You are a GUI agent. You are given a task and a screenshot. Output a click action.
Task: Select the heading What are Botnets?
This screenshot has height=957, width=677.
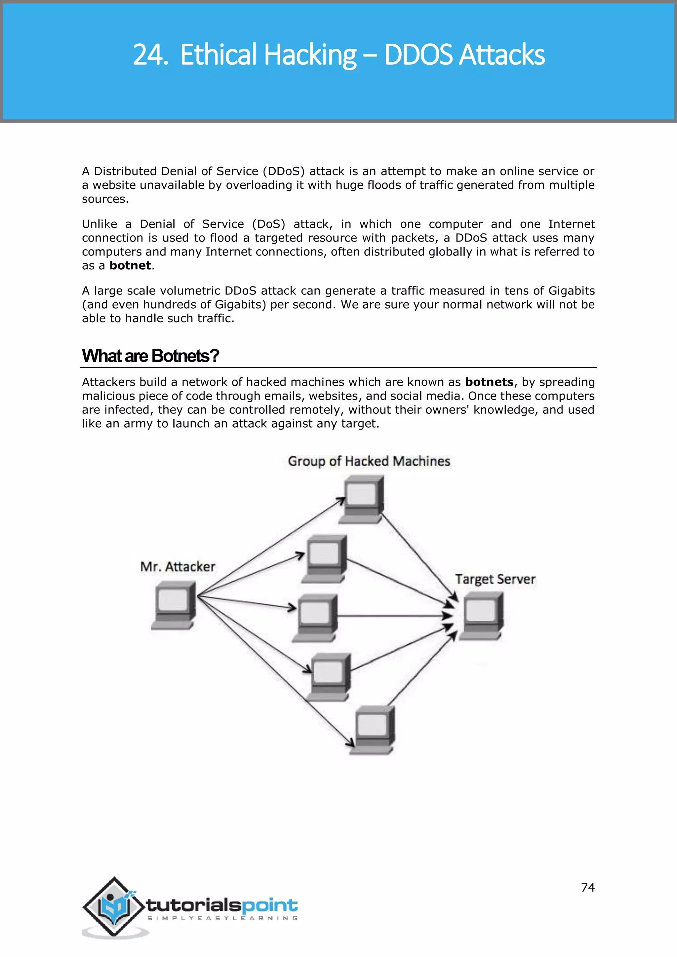[150, 356]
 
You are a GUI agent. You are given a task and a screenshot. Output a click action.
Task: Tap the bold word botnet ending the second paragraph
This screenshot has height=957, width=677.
[130, 265]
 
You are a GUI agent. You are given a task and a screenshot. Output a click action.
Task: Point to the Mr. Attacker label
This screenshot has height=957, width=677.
[178, 567]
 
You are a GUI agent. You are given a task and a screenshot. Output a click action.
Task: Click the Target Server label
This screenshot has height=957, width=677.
[495, 579]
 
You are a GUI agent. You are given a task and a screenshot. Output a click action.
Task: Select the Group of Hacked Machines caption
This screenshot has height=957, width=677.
[369, 461]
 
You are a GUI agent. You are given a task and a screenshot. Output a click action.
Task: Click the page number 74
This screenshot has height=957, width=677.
[587, 887]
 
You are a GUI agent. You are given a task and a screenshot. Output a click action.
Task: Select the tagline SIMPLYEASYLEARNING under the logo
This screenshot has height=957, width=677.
[222, 918]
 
